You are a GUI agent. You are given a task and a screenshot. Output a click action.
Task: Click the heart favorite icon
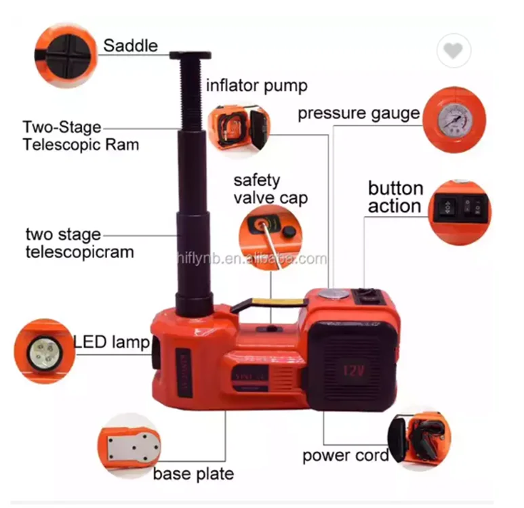click(454, 51)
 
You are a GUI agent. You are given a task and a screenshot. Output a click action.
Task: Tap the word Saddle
click(130, 46)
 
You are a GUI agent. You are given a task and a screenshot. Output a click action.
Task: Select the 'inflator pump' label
click(257, 85)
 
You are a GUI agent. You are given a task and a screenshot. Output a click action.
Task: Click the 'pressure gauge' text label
click(359, 113)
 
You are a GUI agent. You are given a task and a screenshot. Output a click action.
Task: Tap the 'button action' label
click(395, 197)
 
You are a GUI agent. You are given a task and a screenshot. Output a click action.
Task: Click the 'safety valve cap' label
click(270, 189)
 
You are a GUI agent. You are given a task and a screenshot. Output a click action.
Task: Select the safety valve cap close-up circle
click(270, 238)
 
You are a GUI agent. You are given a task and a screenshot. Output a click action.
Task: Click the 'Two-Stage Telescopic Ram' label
click(81, 135)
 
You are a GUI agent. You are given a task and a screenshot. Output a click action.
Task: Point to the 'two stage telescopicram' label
click(79, 243)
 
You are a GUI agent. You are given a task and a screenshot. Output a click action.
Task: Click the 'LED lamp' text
click(110, 343)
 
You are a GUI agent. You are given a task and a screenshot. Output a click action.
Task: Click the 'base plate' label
click(193, 473)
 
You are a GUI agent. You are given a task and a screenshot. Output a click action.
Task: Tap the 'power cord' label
click(345, 455)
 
